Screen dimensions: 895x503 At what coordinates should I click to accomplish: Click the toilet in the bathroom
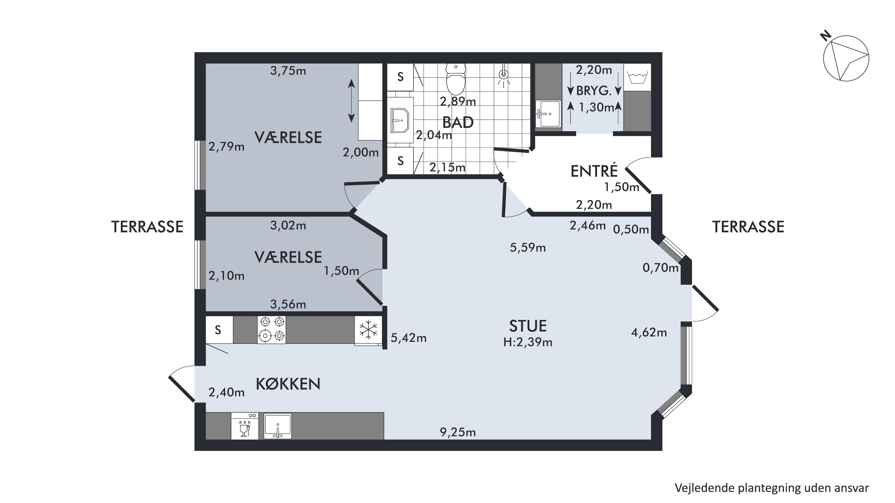456,79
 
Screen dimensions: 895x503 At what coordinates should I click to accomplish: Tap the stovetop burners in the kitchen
272,329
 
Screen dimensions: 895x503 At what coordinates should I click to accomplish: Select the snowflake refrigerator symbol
368,329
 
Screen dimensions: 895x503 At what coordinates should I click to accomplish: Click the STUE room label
528,326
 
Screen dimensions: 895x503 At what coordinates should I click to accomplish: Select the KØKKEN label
288,384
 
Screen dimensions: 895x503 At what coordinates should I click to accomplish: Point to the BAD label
458,123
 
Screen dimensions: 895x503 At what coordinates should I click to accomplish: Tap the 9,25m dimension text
458,432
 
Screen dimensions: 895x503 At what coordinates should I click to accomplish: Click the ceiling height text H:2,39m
528,342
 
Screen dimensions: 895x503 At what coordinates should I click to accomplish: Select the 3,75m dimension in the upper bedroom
288,71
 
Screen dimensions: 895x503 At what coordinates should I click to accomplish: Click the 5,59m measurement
528,247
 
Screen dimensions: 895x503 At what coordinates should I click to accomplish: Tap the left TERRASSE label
147,227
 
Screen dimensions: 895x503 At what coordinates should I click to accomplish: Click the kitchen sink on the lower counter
278,426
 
